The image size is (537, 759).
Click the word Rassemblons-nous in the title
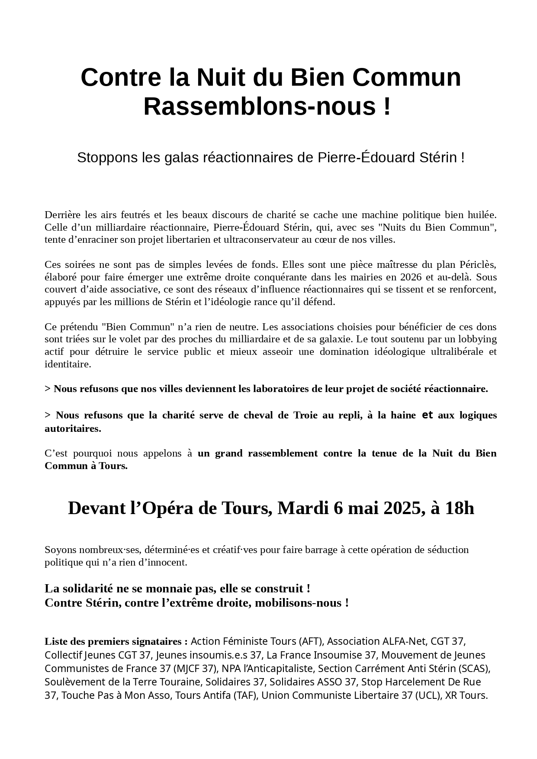click(260, 106)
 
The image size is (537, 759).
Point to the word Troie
click(306, 415)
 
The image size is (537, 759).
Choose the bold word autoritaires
click(72, 428)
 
